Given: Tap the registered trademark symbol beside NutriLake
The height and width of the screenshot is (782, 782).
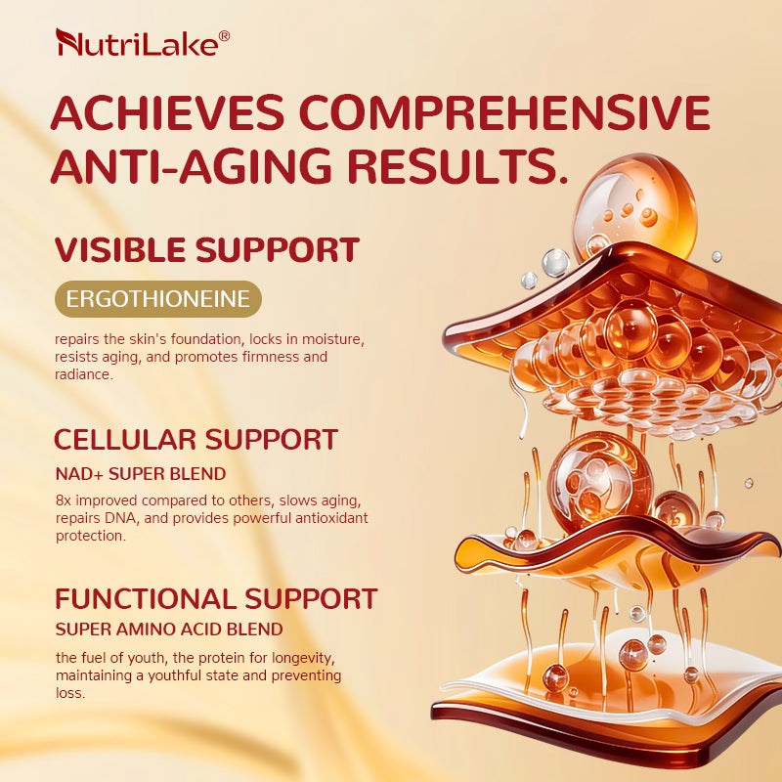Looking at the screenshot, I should tap(224, 35).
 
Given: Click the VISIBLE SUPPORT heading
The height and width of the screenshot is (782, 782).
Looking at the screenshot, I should tap(206, 250).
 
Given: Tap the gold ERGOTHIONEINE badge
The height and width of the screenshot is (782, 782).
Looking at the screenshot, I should tap(157, 299).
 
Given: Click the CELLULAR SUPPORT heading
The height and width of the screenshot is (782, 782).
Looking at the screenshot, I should tap(195, 439).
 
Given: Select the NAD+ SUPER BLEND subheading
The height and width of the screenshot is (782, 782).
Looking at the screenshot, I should tap(141, 474).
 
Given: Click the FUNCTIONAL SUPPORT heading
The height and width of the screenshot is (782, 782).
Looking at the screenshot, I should tap(216, 598).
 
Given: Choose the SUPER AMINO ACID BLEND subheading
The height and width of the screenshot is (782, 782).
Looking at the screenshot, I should tap(169, 629).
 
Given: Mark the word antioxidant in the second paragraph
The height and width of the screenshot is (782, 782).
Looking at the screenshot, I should tap(329, 518).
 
